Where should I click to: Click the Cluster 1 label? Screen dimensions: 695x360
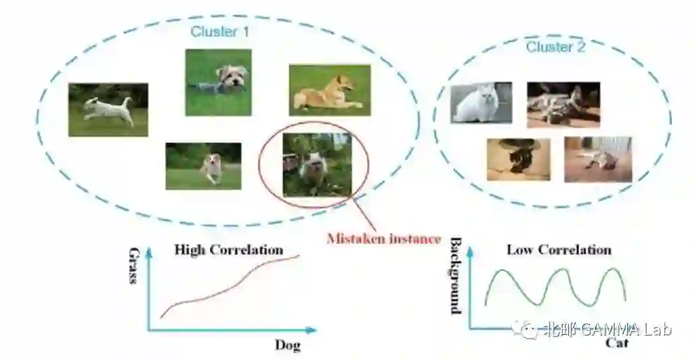coord(220,32)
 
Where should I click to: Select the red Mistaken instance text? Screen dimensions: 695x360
coord(384,239)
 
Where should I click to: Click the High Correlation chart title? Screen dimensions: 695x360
coord(229,249)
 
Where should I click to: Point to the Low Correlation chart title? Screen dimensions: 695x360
coord(559,249)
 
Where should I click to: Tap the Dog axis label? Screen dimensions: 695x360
coord(287,345)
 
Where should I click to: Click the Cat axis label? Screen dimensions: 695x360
coord(617,343)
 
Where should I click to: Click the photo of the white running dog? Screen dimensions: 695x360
coord(108,109)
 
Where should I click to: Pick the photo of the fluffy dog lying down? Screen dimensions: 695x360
coord(218,83)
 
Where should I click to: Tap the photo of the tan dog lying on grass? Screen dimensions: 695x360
coord(330,90)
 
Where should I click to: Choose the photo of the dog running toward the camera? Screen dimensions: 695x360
coord(204,166)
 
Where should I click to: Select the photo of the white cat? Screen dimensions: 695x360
coord(481,102)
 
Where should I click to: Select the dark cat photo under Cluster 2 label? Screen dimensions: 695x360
coord(563,104)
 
